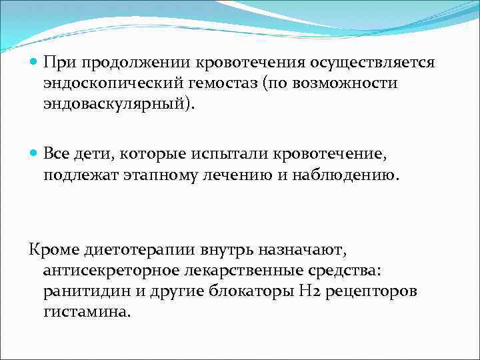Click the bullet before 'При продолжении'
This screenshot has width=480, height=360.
click(x=35, y=63)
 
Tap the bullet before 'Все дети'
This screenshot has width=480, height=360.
click(x=35, y=154)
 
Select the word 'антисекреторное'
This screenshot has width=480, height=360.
click(x=107, y=271)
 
